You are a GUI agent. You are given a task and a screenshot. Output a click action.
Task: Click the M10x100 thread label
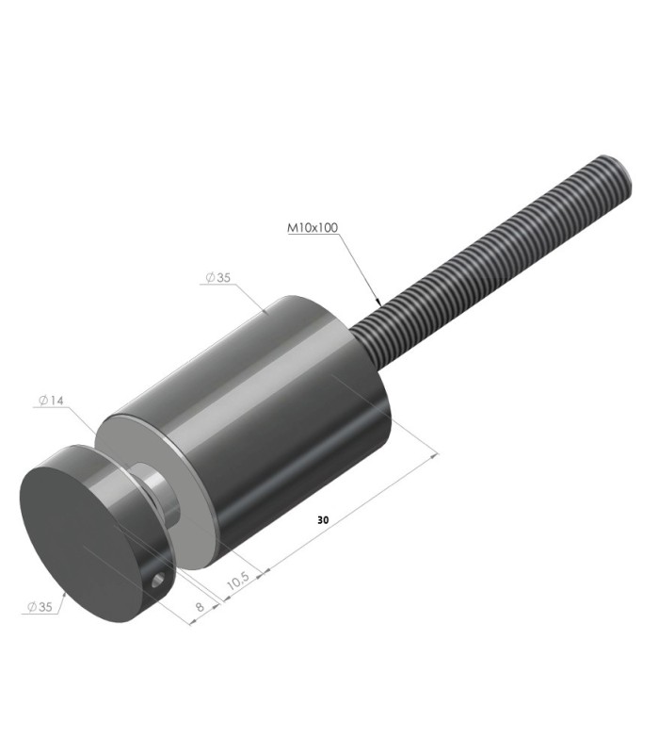pos(313,227)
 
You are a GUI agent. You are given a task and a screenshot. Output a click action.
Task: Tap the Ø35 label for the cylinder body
pos(218,277)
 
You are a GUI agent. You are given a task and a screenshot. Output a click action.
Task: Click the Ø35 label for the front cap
pos(40,607)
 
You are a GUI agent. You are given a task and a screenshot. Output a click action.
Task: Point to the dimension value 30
pos(323,520)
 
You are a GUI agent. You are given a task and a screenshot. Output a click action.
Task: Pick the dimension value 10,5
pos(238,581)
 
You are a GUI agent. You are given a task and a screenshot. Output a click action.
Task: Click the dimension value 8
pos(200,606)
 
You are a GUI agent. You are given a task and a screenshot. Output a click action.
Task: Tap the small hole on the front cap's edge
pos(158,582)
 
